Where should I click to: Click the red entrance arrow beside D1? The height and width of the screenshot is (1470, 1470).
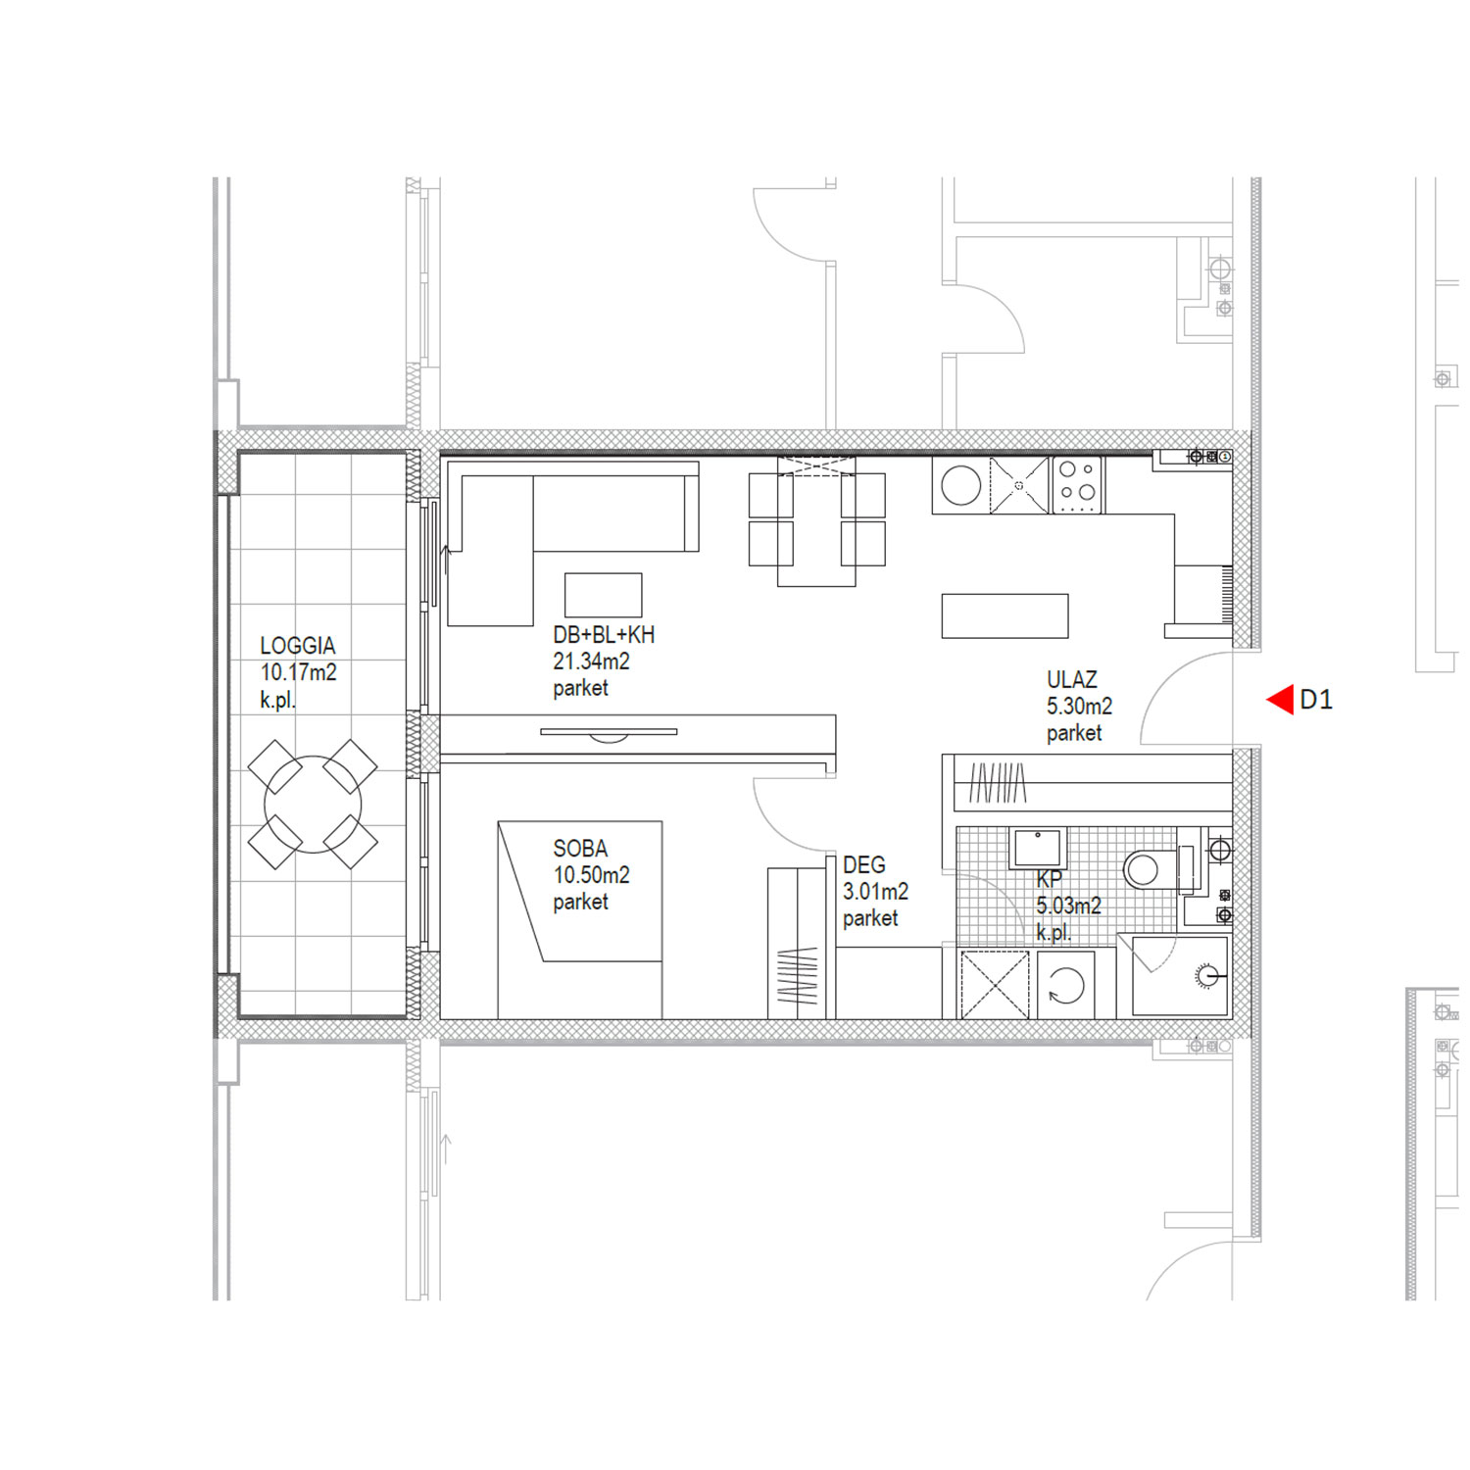[x=1280, y=700]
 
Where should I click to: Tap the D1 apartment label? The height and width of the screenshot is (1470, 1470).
[x=1316, y=700]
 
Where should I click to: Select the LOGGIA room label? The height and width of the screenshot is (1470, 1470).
[x=298, y=646]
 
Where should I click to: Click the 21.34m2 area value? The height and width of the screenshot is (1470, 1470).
[x=591, y=661]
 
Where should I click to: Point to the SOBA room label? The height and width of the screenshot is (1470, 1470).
[x=580, y=848]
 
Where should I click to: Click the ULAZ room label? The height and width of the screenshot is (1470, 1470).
[x=1072, y=679]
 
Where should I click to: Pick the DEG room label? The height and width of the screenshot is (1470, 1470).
[x=863, y=864]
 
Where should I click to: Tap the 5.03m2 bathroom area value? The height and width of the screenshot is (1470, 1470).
[x=1068, y=906]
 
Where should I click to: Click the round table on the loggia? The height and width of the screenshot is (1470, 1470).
[x=313, y=804]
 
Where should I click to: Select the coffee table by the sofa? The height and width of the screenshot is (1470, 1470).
[x=604, y=595]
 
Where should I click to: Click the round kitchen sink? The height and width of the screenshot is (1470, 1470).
[x=960, y=485]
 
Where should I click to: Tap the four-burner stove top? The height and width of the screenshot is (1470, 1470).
[x=1078, y=485]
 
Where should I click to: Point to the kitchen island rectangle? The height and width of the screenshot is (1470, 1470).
[x=1004, y=615]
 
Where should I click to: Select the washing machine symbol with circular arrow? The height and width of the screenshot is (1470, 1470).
[x=1066, y=985]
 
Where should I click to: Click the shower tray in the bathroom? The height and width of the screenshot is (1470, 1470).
[x=1180, y=976]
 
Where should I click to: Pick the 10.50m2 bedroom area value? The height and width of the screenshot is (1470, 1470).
[x=591, y=874]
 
